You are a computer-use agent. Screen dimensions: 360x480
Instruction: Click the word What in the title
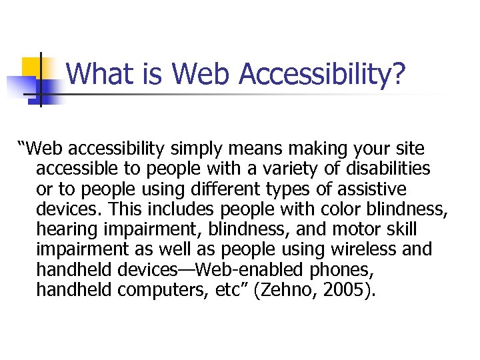tap(94, 73)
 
